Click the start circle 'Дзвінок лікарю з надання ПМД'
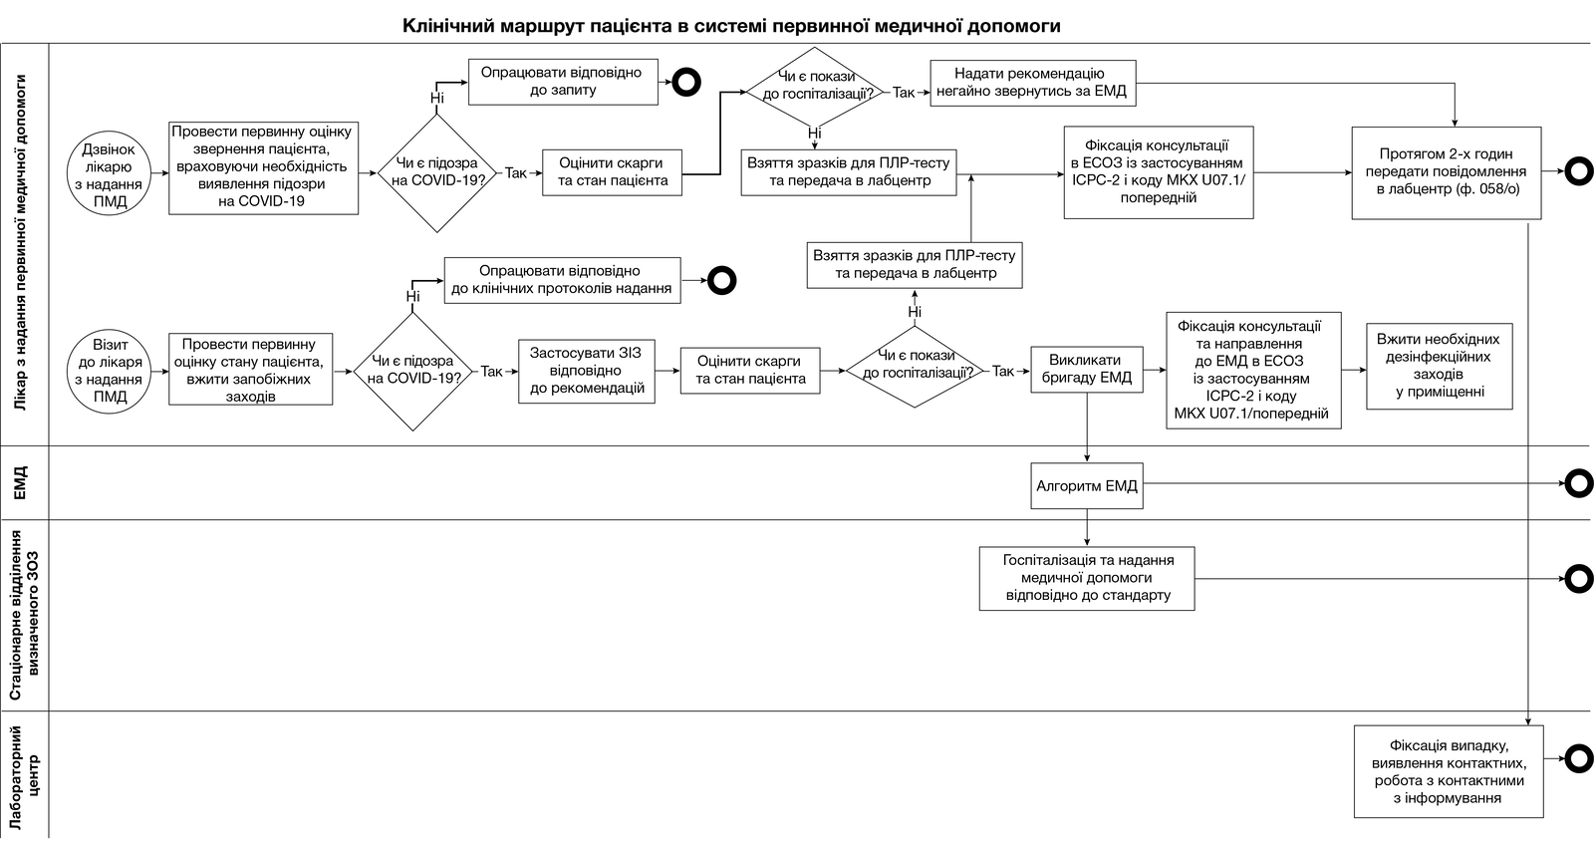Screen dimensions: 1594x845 point(109,173)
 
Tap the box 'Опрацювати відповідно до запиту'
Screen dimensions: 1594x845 point(563,82)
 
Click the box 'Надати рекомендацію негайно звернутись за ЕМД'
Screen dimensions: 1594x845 point(1032,84)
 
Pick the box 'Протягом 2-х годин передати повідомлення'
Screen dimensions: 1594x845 point(1446,173)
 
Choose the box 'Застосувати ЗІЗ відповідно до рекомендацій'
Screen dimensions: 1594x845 point(587,372)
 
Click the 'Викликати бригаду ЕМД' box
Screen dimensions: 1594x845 point(1087,370)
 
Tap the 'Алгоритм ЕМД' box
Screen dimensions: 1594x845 point(1087,486)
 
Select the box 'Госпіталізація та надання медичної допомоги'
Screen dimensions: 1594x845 point(1087,578)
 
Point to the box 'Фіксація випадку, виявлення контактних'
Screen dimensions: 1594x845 point(1449,771)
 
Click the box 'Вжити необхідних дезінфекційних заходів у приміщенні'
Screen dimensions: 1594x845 point(1439,366)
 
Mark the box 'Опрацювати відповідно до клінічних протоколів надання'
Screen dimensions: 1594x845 point(562,280)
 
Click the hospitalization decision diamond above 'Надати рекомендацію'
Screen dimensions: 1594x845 point(815,86)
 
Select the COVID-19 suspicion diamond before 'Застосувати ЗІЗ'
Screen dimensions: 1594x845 point(412,372)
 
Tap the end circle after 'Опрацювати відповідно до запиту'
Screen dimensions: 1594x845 point(686,82)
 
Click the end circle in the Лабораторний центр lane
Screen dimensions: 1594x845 point(1578,759)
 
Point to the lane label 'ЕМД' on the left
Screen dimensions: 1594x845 point(20,482)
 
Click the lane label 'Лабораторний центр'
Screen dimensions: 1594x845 point(25,777)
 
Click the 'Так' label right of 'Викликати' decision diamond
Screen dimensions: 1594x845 point(1002,371)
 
